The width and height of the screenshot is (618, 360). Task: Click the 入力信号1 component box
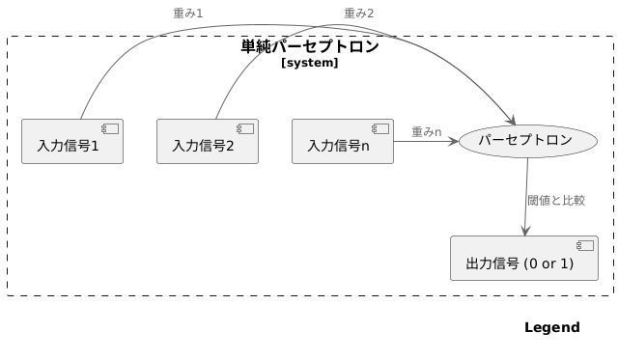pyautogui.click(x=72, y=142)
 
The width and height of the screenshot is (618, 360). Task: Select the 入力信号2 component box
pyautogui.click(x=208, y=142)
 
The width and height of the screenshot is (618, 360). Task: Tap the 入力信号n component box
pyautogui.click(x=343, y=142)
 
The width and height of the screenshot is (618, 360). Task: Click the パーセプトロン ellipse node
pyautogui.click(x=525, y=141)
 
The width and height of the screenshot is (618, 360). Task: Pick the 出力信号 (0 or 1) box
pyautogui.click(x=524, y=258)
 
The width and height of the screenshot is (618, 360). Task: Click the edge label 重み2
pyautogui.click(x=358, y=13)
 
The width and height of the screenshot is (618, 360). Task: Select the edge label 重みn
pyautogui.click(x=426, y=131)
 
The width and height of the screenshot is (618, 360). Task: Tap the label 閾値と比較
pyautogui.click(x=556, y=201)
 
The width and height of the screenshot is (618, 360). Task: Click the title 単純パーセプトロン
pyautogui.click(x=310, y=46)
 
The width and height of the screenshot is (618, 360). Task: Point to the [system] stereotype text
pyautogui.click(x=310, y=63)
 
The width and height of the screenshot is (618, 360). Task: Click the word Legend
pyautogui.click(x=551, y=328)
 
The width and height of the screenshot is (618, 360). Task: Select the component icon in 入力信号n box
pyautogui.click(x=381, y=128)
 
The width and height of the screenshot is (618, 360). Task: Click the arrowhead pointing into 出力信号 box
pyautogui.click(x=524, y=230)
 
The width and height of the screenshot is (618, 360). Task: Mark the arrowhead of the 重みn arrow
pyautogui.click(x=453, y=141)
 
